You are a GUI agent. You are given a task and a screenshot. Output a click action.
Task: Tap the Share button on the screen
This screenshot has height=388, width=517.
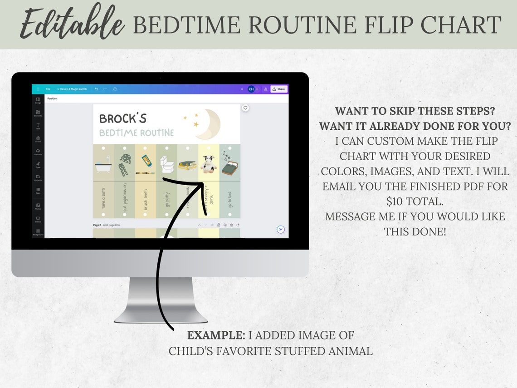tap(279, 89)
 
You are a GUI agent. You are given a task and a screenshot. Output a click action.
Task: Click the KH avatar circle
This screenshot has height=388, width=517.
tap(251, 89)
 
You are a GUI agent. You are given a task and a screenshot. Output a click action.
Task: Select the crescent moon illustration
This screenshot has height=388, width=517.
tap(208, 124)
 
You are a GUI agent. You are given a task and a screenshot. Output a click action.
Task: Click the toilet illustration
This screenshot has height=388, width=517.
tap(166, 164)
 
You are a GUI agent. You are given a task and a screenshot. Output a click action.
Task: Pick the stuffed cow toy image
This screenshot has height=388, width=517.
tap(209, 164)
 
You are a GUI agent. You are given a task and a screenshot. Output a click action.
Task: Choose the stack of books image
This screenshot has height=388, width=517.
tap(187, 165)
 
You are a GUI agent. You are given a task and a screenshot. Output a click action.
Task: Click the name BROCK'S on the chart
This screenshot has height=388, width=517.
tap(123, 118)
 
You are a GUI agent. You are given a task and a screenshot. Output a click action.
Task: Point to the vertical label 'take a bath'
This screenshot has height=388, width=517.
tap(103, 198)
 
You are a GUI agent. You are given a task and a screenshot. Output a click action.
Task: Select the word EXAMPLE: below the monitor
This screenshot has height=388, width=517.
tap(216, 335)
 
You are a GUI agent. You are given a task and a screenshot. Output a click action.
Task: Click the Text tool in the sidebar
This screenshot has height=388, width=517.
tap(38, 126)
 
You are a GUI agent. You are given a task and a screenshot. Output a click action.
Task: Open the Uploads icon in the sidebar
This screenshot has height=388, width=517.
tap(38, 152)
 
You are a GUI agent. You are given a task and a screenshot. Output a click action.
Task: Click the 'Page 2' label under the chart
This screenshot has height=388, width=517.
tap(97, 225)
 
